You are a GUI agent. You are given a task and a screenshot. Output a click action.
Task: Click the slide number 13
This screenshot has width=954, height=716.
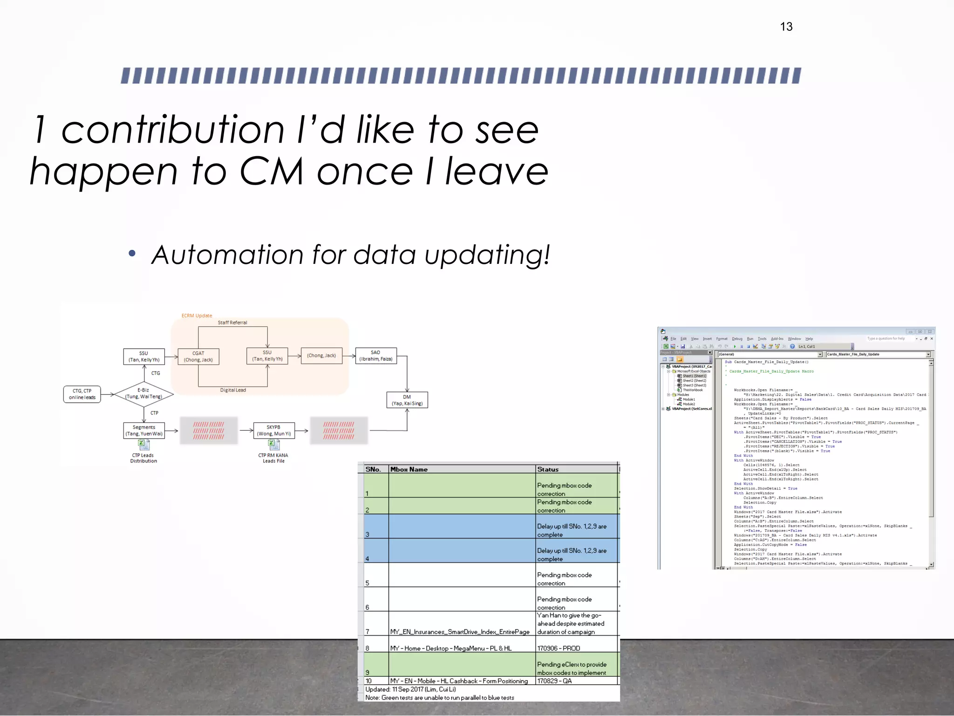[786, 27]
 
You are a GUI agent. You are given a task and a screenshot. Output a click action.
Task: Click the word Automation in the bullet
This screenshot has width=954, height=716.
[227, 255]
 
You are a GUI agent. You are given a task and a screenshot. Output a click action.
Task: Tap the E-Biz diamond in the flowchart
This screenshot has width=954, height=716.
[143, 394]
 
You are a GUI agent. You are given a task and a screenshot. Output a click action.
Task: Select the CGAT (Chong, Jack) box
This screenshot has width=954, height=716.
[198, 357]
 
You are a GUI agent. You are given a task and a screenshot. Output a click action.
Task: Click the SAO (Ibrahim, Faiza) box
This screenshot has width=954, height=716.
[375, 356]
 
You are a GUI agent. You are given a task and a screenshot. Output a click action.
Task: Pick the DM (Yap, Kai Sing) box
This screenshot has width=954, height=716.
[407, 400]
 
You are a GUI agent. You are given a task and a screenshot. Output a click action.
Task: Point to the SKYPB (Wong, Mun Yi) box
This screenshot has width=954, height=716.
[273, 430]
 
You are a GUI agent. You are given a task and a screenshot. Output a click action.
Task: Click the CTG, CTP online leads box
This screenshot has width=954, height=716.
[82, 394]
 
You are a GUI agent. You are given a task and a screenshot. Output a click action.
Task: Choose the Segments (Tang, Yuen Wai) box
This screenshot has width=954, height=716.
[143, 430]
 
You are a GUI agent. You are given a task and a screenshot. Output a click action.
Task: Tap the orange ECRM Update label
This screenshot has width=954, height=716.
[197, 316]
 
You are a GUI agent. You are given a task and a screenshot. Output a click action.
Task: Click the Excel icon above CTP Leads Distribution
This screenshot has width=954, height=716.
[143, 445]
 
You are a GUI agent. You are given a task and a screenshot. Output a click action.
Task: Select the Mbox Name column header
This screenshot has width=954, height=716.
[409, 469]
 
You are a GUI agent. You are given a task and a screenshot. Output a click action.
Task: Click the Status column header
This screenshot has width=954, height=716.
[548, 469]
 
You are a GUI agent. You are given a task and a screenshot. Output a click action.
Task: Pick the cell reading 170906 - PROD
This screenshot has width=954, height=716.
[559, 648]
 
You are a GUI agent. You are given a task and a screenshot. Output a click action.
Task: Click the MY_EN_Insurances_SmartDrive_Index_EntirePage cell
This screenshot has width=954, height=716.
[460, 632]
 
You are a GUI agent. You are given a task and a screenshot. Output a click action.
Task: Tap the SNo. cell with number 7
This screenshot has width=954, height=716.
[368, 632]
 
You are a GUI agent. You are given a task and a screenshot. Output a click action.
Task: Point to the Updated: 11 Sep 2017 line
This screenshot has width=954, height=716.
[410, 689]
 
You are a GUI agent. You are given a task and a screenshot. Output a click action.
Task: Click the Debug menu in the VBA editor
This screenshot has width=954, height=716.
[737, 339]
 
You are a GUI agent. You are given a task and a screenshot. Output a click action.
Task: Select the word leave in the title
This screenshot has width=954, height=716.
[497, 171]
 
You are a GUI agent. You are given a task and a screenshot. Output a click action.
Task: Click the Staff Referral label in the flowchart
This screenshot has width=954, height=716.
[232, 323]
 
